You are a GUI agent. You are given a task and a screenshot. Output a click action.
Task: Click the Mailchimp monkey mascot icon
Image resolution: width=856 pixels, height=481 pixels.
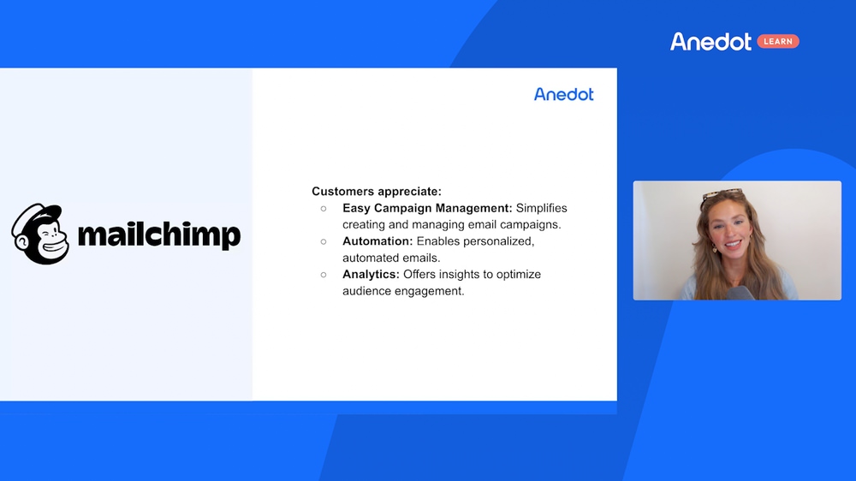point(40,235)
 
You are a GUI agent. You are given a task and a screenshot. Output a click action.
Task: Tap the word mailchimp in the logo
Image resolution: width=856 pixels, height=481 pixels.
point(159,235)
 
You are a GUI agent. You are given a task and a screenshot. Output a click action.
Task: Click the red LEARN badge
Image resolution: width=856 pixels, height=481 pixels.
point(778,41)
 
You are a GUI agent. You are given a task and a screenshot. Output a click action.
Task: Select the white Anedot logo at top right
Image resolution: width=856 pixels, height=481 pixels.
point(710,41)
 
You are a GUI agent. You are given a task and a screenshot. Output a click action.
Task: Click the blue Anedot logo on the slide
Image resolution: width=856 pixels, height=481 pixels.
point(564,94)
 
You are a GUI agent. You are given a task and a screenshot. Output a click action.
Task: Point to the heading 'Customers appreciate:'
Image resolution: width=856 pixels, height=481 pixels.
point(377,192)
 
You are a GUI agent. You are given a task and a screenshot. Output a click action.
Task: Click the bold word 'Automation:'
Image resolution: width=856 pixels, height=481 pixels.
point(377,241)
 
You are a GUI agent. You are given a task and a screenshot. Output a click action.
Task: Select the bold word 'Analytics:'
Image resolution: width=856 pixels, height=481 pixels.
point(372,275)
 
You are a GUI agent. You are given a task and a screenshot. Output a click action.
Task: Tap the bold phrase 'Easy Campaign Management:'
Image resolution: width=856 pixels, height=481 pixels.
point(427,209)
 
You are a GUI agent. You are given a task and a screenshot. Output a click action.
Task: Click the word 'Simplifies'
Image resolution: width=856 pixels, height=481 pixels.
point(542,209)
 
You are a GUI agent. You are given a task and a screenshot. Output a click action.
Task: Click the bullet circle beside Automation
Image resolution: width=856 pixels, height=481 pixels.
point(324,241)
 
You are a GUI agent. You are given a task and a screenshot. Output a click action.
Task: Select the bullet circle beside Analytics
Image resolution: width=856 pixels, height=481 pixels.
point(324,275)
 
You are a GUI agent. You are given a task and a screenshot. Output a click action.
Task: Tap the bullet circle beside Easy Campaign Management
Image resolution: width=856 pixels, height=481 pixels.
point(324,209)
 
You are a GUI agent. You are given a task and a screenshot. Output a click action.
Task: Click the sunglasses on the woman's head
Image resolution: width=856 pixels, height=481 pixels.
point(722,193)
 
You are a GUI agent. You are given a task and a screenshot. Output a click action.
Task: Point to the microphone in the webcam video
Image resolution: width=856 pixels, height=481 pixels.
point(740,294)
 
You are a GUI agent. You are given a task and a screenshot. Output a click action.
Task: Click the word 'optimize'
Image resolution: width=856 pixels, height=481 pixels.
point(519,275)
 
